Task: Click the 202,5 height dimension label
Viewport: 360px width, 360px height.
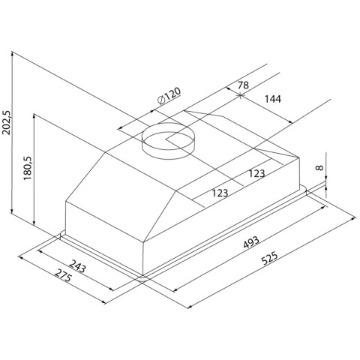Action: (7, 122)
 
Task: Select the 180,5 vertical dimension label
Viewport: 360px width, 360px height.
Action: (27, 168)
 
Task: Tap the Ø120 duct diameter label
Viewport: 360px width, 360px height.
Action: (169, 96)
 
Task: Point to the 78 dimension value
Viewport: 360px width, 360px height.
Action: (243, 85)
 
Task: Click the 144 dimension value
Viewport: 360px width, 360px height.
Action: (273, 99)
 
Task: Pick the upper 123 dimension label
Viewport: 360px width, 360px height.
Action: (256, 173)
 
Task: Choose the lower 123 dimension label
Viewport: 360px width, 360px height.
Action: (220, 193)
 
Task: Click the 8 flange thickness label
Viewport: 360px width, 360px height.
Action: (319, 168)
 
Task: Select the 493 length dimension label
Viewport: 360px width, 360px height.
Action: (251, 242)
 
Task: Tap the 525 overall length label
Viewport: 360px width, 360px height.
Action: (269, 258)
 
